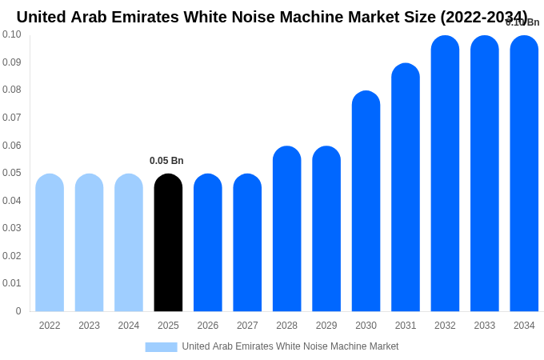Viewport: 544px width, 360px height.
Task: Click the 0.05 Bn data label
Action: (x=166, y=161)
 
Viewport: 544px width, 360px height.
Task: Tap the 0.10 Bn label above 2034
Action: (x=522, y=22)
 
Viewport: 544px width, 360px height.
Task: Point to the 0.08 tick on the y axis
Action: (x=12, y=90)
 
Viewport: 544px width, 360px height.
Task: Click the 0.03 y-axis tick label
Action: (x=12, y=228)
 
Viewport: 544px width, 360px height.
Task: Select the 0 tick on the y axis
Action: (x=18, y=311)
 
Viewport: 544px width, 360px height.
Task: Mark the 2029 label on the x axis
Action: (x=326, y=326)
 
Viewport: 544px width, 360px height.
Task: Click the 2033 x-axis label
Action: (x=484, y=326)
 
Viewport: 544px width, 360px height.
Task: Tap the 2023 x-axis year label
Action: (x=89, y=326)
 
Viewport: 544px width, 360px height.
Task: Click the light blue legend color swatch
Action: (x=161, y=346)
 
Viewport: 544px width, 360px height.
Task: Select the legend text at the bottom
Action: (x=290, y=346)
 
